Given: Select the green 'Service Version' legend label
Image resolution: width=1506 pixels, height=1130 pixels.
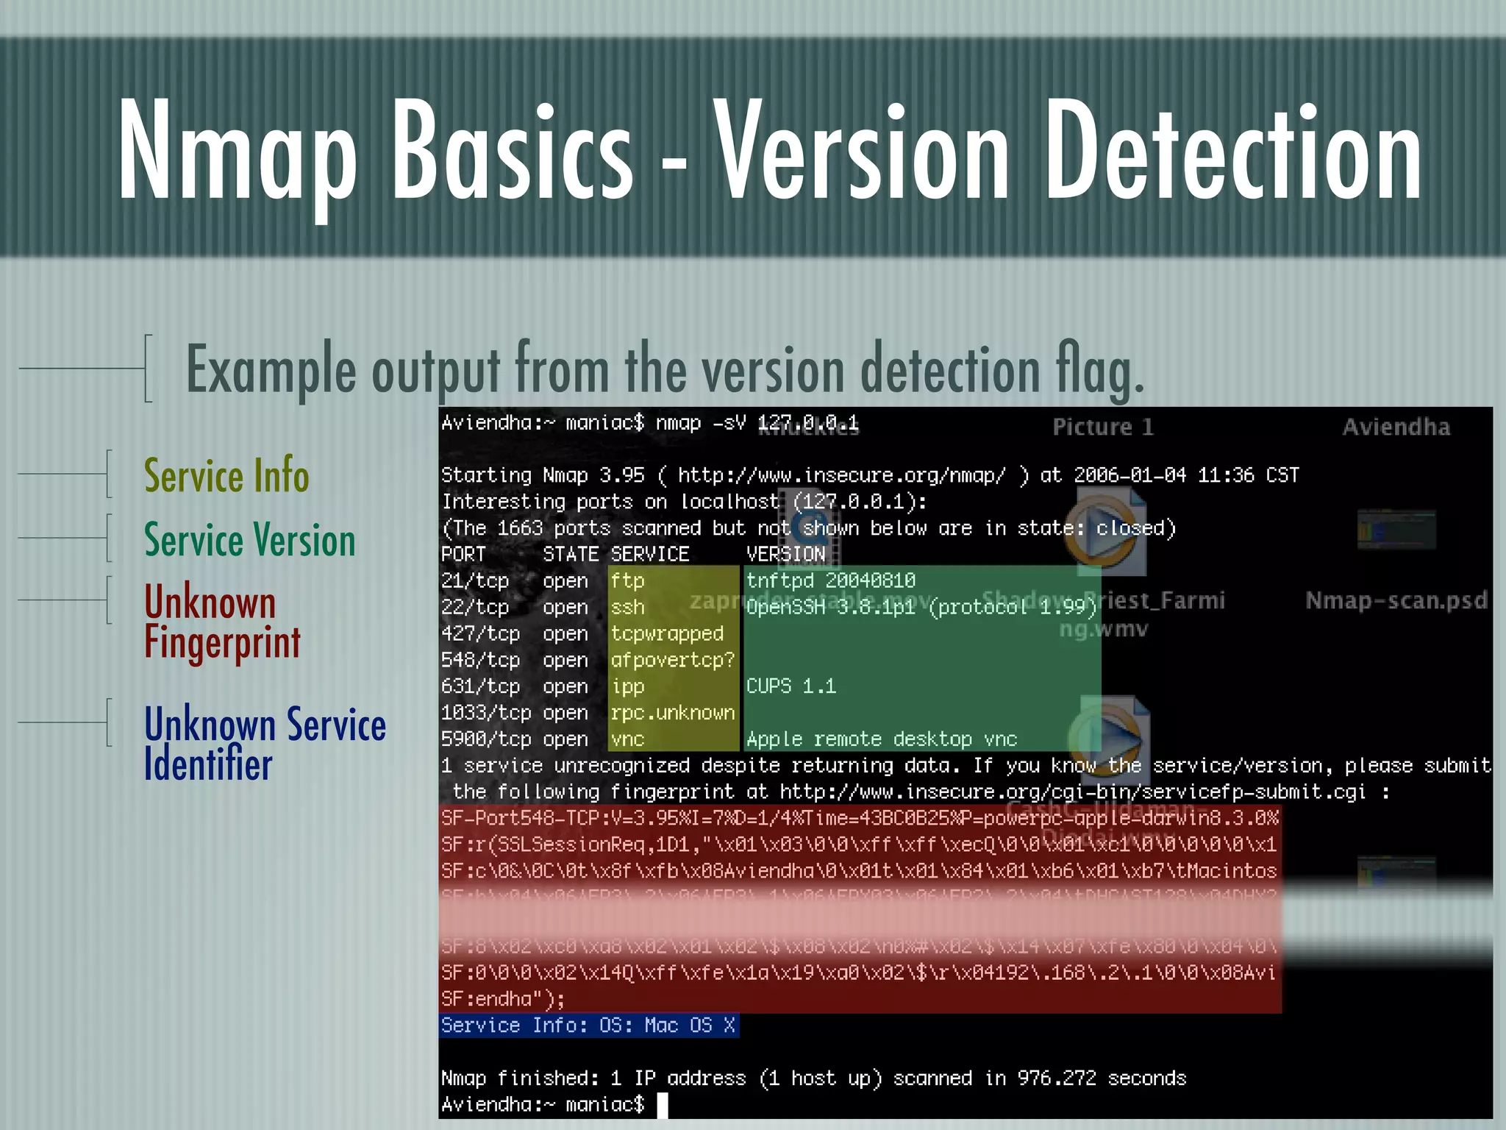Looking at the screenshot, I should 249,540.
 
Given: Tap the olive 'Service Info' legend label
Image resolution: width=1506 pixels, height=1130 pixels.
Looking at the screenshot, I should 226,475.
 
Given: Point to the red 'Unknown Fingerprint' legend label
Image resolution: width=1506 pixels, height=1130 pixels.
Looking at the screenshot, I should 221,622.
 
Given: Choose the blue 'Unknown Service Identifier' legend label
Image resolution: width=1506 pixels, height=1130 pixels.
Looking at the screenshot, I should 265,744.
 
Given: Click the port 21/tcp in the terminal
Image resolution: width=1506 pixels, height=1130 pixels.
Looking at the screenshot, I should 475,581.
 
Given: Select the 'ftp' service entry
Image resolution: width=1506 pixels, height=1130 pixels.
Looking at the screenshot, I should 627,581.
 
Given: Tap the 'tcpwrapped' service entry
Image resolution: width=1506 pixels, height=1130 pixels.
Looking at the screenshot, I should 667,634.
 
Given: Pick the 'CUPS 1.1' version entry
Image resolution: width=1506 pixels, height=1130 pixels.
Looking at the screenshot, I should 791,686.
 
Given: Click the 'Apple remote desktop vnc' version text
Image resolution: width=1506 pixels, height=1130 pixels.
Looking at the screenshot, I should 882,739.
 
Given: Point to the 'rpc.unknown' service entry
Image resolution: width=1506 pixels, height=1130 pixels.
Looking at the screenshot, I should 672,713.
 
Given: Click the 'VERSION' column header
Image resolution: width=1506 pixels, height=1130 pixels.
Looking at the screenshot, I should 786,555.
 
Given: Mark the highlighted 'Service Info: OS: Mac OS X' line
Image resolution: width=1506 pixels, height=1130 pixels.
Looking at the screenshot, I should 588,1026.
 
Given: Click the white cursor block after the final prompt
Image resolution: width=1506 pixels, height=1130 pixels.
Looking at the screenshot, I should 663,1105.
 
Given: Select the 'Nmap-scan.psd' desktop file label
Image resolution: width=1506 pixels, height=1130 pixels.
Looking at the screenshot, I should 1396,600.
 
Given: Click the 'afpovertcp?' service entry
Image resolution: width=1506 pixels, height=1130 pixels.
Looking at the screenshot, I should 672,661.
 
